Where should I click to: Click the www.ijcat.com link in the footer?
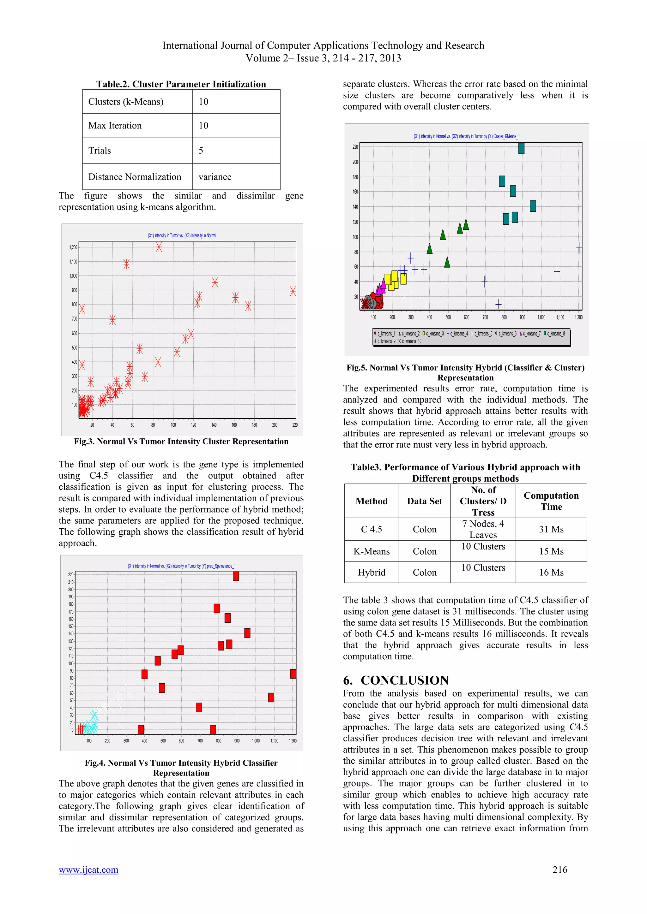pyautogui.click(x=88, y=870)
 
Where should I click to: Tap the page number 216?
pyautogui.click(x=560, y=870)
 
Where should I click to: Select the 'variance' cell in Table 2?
pyautogui.click(x=215, y=177)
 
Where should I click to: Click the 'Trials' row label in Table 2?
pyautogui.click(x=100, y=151)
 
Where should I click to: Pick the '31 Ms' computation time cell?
pyautogui.click(x=551, y=529)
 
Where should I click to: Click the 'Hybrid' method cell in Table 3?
pyautogui.click(x=371, y=572)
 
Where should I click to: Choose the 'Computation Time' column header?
pyautogui.click(x=551, y=501)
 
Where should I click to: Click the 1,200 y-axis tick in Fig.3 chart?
pyautogui.click(x=73, y=247)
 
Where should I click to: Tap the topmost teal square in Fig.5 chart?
pyautogui.click(x=521, y=148)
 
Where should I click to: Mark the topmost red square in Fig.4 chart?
pyautogui.click(x=236, y=576)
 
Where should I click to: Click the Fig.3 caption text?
pyautogui.click(x=181, y=441)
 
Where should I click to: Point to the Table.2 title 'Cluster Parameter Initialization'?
pyautogui.click(x=181, y=84)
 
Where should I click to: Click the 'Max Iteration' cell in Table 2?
pyautogui.click(x=115, y=125)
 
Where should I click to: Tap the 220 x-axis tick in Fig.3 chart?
pyautogui.click(x=295, y=425)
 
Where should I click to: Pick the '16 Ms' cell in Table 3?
pyautogui.click(x=551, y=572)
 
